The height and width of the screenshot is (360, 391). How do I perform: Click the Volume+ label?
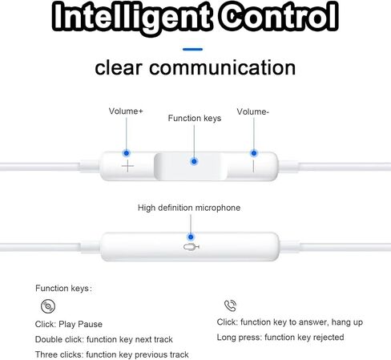point(126,111)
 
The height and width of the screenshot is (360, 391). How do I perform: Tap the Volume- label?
point(252,111)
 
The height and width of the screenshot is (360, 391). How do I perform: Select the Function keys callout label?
point(195,118)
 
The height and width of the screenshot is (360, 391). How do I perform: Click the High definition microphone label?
point(189,208)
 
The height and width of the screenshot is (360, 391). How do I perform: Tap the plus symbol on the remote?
point(127,166)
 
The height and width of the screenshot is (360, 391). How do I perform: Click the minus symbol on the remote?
point(253,166)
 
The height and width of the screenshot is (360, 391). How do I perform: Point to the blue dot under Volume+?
point(127,153)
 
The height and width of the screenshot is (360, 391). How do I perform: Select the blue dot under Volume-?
point(254,153)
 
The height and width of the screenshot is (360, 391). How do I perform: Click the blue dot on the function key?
point(194,161)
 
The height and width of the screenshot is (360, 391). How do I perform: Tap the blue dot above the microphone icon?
point(191,237)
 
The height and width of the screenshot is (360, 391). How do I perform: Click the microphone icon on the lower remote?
point(191,247)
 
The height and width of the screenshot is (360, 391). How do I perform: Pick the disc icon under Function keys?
point(48,306)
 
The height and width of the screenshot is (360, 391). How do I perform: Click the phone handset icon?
point(230,305)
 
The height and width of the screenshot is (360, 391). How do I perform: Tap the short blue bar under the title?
point(192,49)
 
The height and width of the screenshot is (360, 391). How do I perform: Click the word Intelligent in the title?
point(132,16)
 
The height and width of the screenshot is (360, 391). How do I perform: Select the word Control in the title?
point(279,16)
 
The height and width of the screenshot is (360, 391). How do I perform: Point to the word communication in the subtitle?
point(222,67)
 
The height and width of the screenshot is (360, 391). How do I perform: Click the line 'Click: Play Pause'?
point(69,324)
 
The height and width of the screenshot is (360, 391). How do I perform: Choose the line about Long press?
point(280,338)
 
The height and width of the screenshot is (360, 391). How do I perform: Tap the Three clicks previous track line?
point(112,354)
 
